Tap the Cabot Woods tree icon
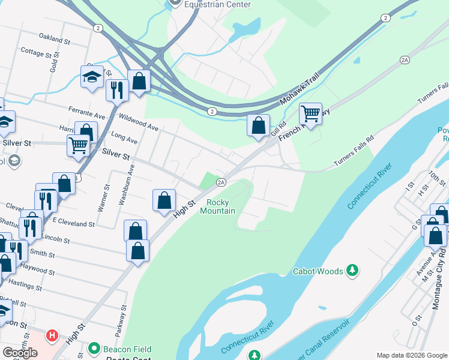[354, 271]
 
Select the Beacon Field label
[125, 349]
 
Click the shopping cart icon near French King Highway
[310, 112]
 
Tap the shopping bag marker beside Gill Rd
[258, 126]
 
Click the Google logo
[20, 352]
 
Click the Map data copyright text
[411, 355]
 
